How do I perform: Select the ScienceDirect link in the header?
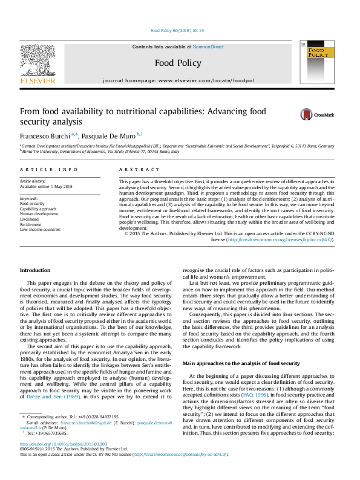208,47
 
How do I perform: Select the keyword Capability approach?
39,209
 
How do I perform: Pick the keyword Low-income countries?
40,230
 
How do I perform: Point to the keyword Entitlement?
32,224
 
